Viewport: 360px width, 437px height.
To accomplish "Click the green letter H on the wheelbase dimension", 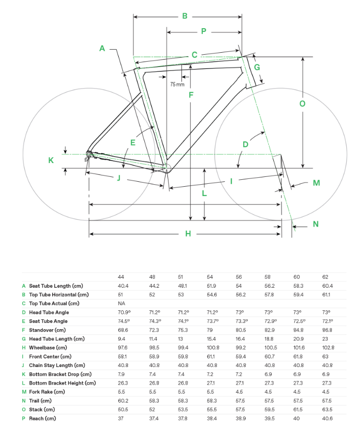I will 188,234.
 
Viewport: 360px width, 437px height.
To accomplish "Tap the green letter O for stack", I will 302,103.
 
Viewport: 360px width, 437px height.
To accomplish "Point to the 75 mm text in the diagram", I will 177,84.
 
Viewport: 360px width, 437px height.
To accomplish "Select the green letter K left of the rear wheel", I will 50,160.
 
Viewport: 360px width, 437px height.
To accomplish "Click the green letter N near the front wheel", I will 316,224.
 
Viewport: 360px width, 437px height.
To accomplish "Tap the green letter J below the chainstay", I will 119,178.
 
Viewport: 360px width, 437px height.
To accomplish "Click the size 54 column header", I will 209,277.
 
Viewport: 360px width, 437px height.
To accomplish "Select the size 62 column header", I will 325,277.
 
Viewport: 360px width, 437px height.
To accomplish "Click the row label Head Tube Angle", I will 49,312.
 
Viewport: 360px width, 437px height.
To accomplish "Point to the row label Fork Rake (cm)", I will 47,392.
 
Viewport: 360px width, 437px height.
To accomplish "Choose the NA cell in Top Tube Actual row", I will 122,303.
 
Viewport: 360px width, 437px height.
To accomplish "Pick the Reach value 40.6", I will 327,418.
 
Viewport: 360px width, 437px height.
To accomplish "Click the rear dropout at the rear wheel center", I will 89,155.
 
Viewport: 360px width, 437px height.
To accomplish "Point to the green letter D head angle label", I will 245,144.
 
